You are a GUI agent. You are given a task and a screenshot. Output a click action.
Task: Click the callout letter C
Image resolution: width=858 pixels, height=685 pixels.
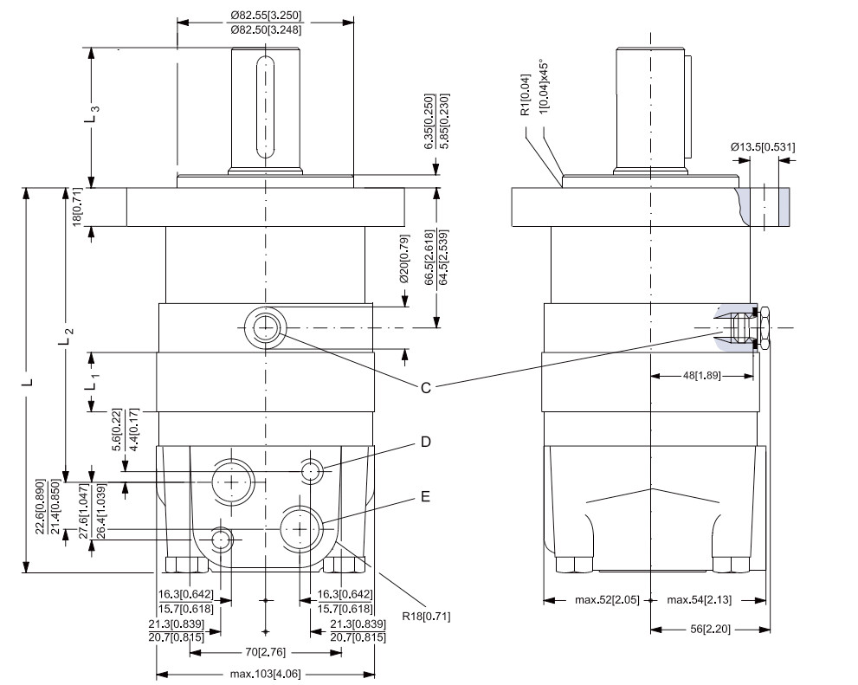point(425,389)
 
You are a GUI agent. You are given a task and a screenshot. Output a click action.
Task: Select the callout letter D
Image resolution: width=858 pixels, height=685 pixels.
point(425,443)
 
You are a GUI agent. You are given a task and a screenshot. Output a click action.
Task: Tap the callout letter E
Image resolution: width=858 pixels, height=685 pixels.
point(425,497)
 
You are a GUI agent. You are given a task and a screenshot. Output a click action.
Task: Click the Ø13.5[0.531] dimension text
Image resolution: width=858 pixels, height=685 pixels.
point(762,147)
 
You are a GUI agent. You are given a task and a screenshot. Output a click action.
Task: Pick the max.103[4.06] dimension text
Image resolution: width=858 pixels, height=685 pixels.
point(265,674)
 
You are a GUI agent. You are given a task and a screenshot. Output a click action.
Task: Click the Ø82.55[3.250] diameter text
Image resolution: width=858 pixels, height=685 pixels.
point(266,15)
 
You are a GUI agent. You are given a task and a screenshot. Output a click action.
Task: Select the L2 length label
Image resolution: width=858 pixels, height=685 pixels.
point(66,335)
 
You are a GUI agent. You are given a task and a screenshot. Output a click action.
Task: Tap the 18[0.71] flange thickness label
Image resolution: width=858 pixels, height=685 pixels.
point(77,207)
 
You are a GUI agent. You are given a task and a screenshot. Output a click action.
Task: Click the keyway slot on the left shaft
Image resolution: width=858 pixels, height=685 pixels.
point(266,108)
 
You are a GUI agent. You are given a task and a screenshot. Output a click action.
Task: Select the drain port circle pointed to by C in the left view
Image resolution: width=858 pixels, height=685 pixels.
point(265,328)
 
